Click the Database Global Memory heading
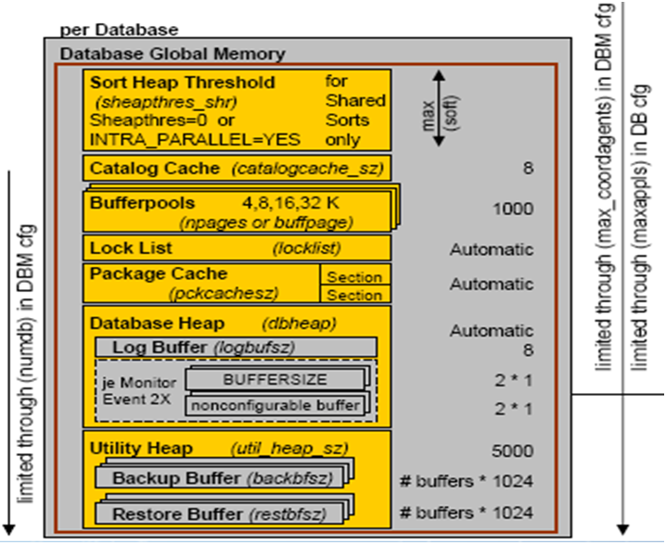pos(173,55)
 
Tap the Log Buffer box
pos(236,347)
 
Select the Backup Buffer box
pos(219,478)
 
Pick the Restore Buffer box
pos(219,513)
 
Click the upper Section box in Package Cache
pos(353,277)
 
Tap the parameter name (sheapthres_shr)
pos(148,101)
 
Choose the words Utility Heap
pos(141,449)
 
